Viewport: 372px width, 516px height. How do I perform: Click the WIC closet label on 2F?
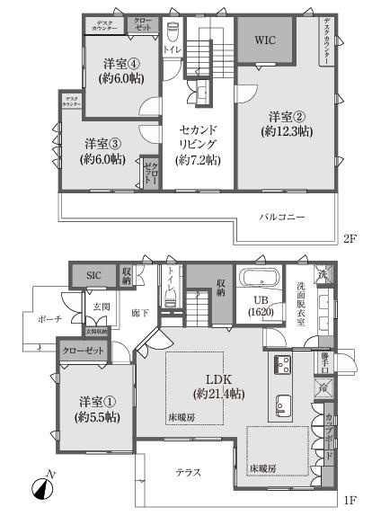coord(265,40)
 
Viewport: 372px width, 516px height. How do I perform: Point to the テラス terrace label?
coord(188,472)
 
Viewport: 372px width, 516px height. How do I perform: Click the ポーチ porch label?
coord(50,318)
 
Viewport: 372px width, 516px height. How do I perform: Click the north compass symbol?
coord(40,489)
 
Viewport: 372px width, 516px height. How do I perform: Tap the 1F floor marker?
coord(348,500)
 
